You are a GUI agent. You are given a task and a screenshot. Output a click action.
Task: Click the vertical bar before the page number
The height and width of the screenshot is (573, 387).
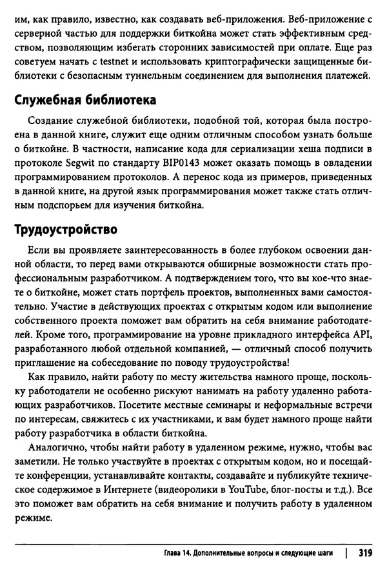(x=348, y=553)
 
